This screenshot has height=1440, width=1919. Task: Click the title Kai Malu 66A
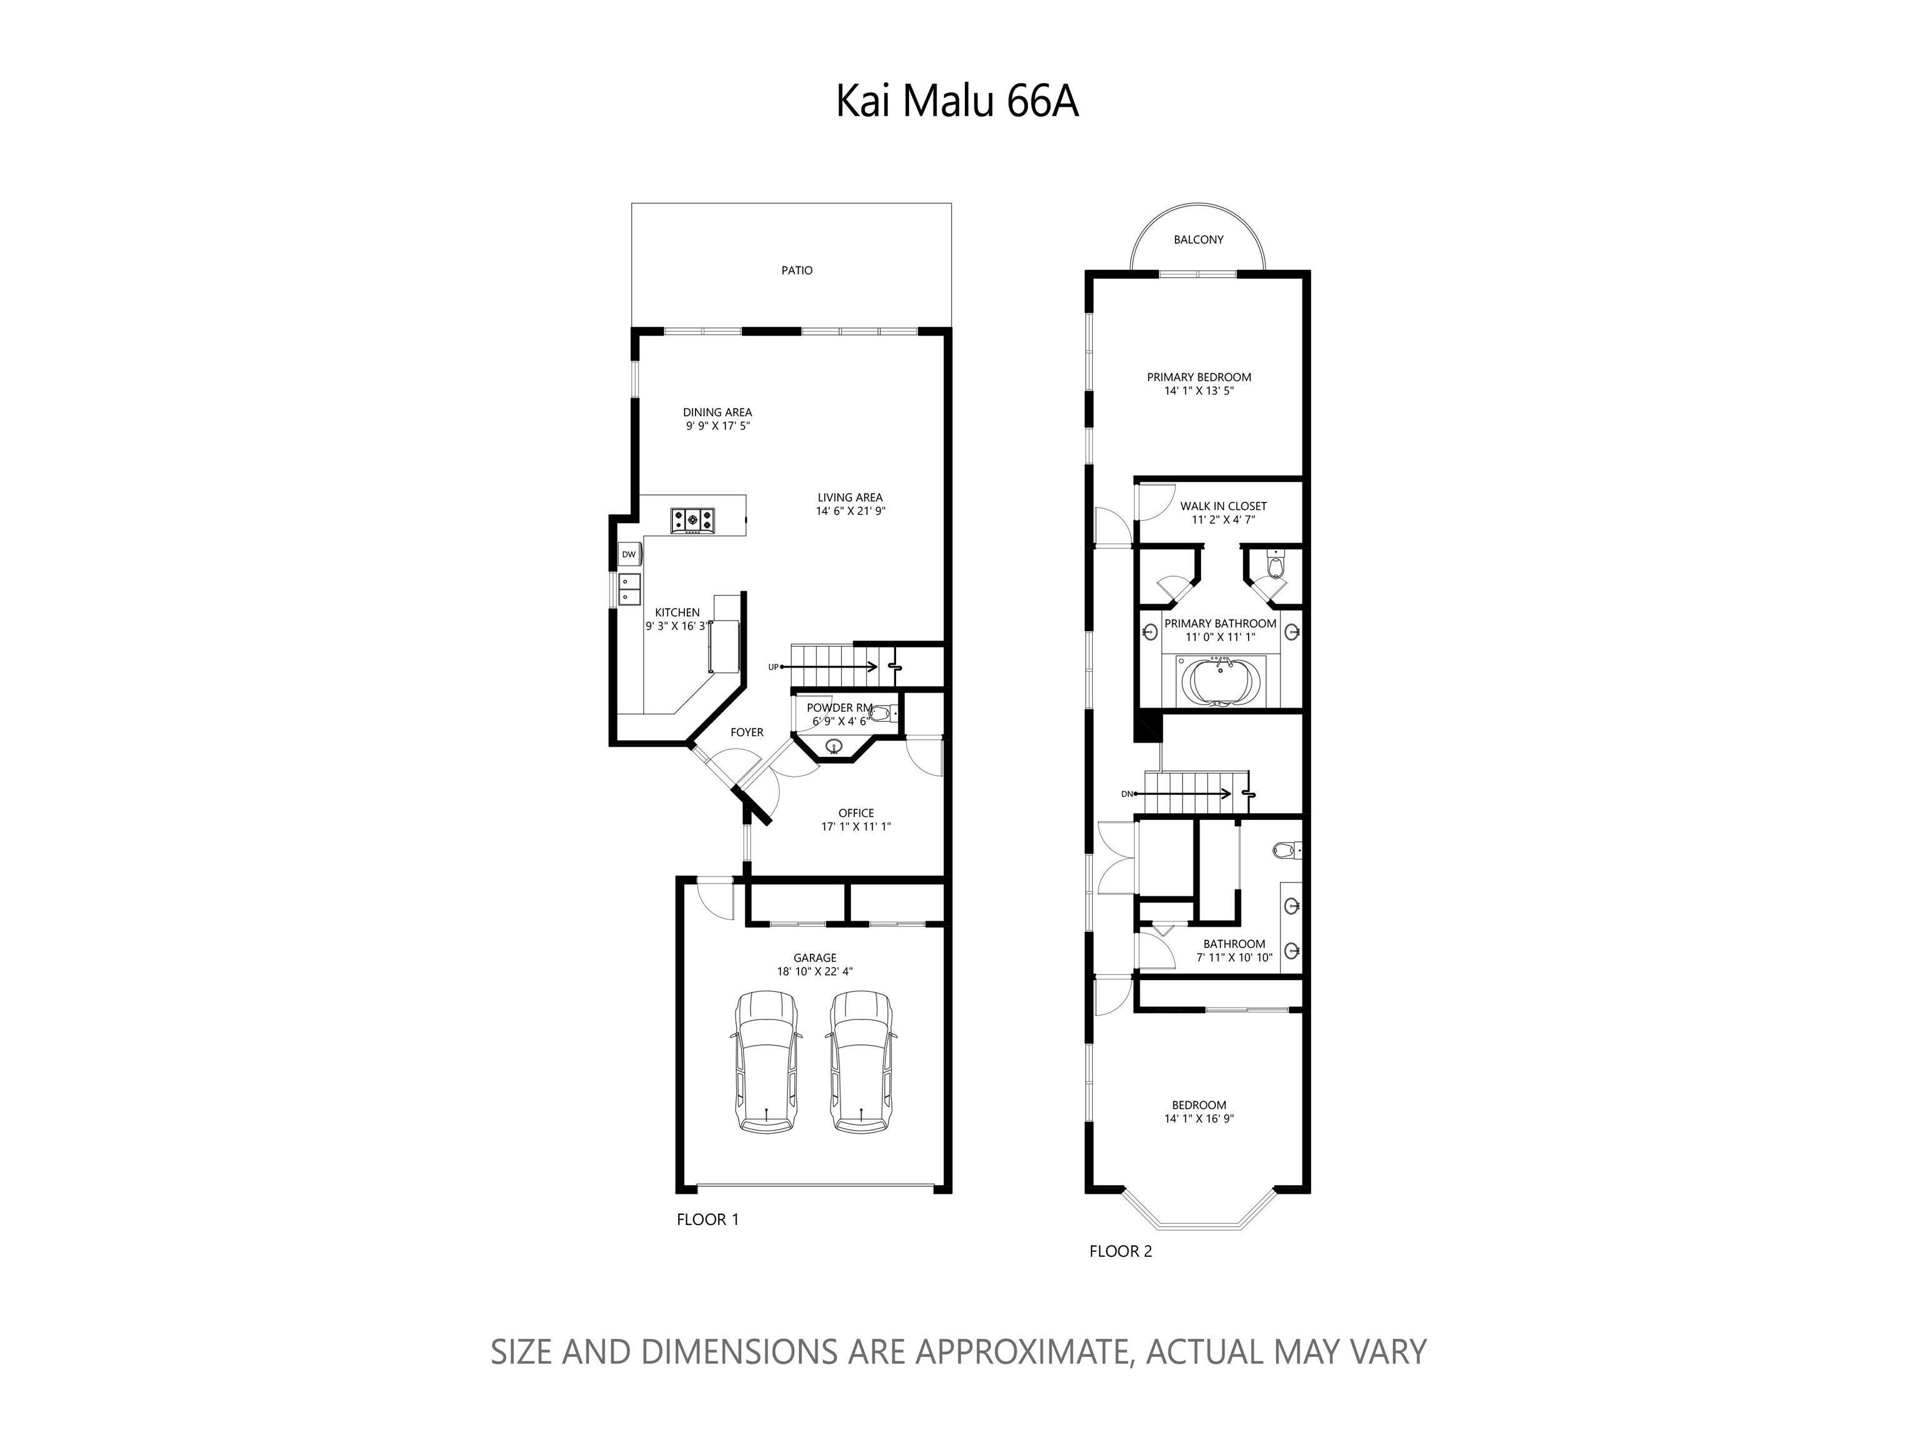[x=957, y=101]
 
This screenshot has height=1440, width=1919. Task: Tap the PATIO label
[x=796, y=271]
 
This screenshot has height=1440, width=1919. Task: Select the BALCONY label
[x=1198, y=239]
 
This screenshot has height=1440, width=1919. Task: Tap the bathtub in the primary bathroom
[x=1220, y=682]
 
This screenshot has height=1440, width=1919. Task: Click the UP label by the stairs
[x=772, y=667]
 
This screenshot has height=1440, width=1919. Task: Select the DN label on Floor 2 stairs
[x=1127, y=794]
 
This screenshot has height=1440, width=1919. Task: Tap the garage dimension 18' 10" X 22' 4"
[x=815, y=972]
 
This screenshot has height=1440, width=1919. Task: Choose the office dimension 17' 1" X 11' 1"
[x=856, y=827]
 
